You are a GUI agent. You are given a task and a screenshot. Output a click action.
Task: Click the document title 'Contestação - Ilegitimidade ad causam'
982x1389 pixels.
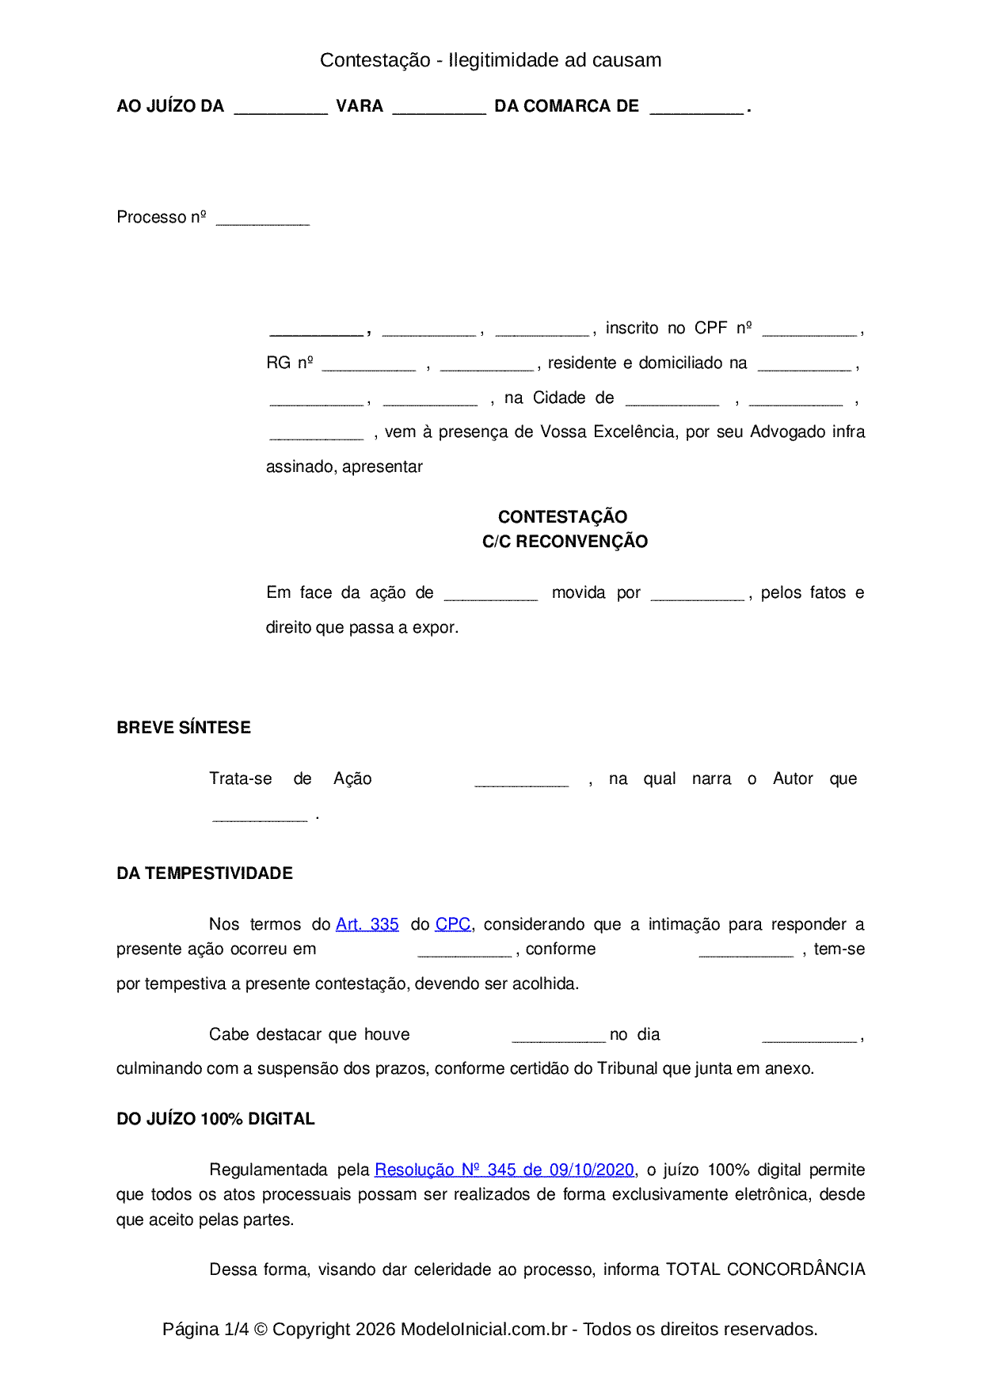[490, 60]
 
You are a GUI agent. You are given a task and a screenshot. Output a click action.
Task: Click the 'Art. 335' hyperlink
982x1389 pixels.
[367, 924]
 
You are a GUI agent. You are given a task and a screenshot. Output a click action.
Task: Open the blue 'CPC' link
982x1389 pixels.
[453, 924]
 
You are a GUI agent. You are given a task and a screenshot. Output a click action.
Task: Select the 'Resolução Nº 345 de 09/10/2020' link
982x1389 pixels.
[504, 1170]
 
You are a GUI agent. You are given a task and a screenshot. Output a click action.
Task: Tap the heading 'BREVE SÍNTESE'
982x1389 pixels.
[184, 728]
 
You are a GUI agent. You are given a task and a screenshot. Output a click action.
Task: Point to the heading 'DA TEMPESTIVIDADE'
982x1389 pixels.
[204, 873]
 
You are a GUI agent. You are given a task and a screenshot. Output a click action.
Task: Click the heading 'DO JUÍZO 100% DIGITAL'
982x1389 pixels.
[215, 1119]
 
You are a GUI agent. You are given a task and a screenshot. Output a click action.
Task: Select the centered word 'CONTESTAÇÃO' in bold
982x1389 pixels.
[562, 517]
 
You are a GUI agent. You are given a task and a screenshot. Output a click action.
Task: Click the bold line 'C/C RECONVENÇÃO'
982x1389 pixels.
[565, 542]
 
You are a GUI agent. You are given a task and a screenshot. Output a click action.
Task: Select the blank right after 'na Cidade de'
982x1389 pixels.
[672, 401]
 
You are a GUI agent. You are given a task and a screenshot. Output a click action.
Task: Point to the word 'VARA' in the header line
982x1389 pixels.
[360, 106]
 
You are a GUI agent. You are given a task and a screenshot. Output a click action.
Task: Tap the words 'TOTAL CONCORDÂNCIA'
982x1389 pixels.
[765, 1269]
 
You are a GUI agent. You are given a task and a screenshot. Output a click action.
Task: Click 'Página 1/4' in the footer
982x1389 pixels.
[205, 1329]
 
